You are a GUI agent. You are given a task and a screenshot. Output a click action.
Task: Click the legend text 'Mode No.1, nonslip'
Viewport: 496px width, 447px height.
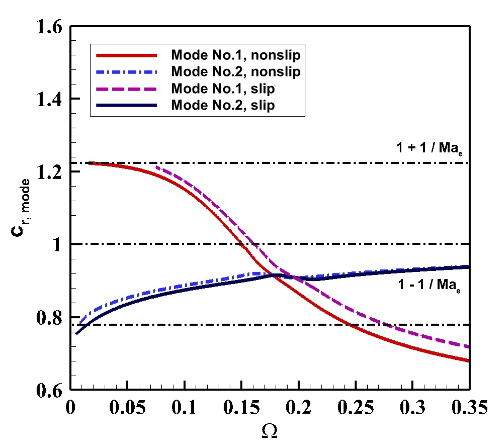point(236,55)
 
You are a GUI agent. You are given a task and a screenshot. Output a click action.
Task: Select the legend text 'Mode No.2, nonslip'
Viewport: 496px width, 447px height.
point(236,72)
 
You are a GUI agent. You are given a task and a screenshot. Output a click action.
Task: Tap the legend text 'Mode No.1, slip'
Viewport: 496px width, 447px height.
point(223,89)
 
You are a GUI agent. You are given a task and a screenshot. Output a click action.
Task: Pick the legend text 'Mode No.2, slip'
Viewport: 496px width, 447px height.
point(223,105)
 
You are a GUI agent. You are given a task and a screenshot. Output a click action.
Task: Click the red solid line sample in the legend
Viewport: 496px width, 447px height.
point(126,55)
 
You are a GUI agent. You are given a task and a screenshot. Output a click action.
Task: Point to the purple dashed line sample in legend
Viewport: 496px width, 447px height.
point(126,89)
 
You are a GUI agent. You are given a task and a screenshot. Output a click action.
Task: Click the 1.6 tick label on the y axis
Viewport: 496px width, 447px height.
point(49,26)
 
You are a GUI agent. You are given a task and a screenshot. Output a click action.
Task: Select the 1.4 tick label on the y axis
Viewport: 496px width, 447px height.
point(49,99)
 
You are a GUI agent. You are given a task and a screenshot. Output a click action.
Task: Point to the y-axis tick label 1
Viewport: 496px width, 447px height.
point(57,245)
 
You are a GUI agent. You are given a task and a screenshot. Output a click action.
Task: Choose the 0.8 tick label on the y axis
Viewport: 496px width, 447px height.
point(49,317)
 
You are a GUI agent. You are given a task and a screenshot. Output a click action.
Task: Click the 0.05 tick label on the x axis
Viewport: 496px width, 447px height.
point(127,407)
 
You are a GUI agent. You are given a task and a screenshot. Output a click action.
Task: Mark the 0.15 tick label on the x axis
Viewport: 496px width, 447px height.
point(241,407)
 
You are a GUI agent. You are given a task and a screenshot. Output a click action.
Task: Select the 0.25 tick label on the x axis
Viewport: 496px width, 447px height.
point(356,407)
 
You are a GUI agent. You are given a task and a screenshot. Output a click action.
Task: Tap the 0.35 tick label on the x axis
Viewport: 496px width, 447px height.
point(469,407)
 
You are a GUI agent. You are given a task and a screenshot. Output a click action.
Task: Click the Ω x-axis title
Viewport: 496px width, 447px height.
point(269,431)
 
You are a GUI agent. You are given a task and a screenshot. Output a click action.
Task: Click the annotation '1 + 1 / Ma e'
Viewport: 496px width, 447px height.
point(429,148)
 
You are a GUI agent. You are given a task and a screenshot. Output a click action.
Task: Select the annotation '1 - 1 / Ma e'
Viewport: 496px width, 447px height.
point(429,285)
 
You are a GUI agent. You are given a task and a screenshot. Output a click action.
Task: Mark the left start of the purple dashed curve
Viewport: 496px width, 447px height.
point(157,167)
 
